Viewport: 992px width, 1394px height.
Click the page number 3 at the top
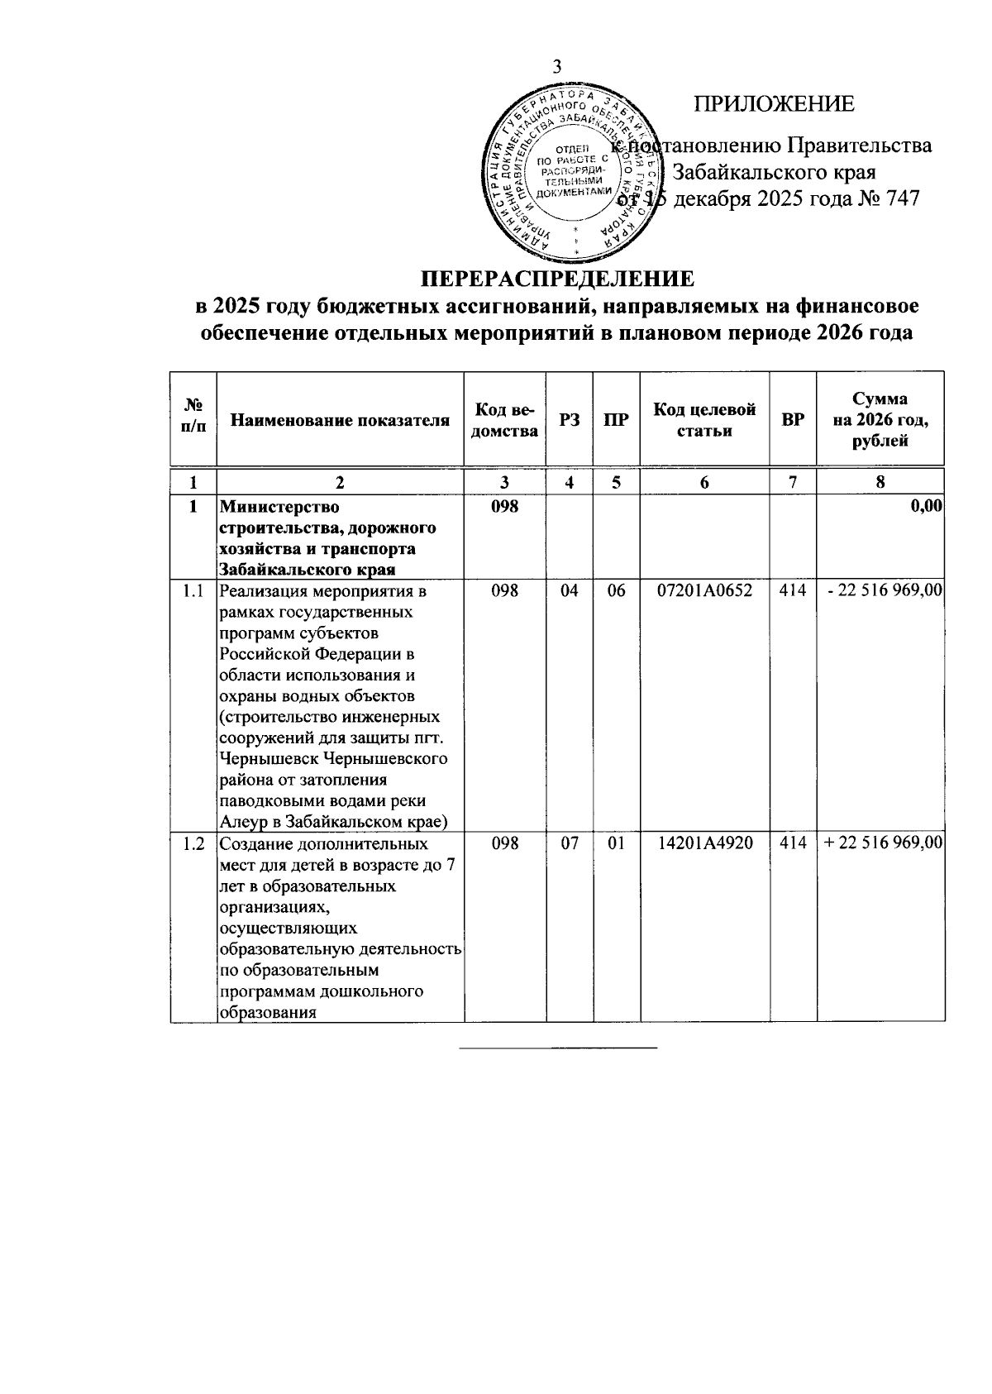556,69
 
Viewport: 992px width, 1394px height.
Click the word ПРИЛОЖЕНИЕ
773,104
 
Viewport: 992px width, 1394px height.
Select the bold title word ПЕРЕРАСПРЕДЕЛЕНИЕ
557,277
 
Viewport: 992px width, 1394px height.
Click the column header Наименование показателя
340,421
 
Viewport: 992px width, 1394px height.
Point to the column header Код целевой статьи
704,420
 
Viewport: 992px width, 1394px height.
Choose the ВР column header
793,421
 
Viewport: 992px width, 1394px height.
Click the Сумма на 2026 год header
880,420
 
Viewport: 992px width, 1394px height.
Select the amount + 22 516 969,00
883,843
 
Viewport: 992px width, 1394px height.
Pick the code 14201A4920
704,843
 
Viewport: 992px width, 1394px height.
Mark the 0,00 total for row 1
926,507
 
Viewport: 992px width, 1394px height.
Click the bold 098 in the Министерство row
503,507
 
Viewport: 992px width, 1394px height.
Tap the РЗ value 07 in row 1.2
570,843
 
